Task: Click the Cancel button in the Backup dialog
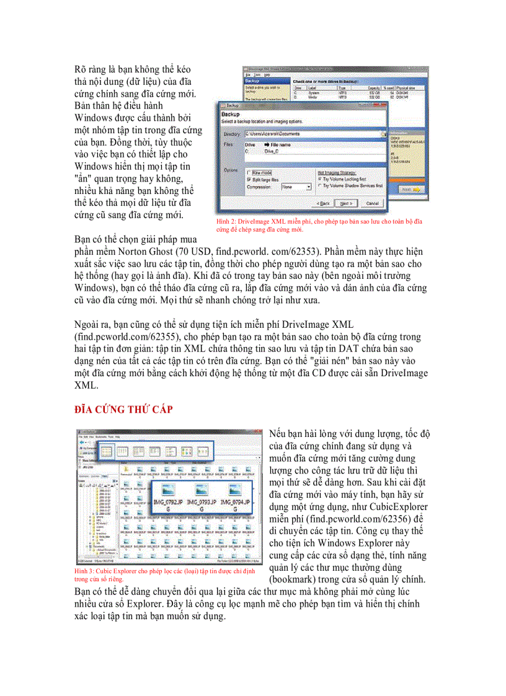[x=372, y=203]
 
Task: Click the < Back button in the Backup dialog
[x=323, y=203]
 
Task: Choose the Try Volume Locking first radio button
[x=320, y=179]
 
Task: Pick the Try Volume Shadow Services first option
[x=320, y=185]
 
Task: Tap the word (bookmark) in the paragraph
[x=292, y=579]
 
